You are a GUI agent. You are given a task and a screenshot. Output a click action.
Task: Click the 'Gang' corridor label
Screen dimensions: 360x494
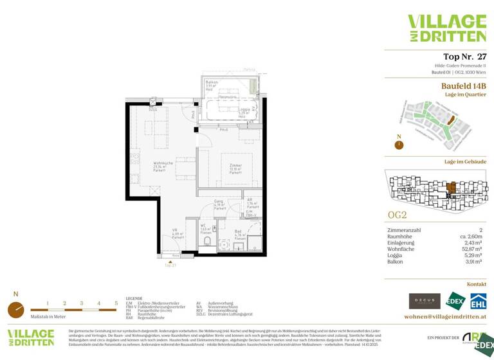219,202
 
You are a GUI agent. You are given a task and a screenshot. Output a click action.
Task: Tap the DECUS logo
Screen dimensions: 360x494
424,301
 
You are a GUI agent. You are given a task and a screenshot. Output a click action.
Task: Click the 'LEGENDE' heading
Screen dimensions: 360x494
134,298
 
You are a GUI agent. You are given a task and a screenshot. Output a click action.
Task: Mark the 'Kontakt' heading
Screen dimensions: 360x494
476,283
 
